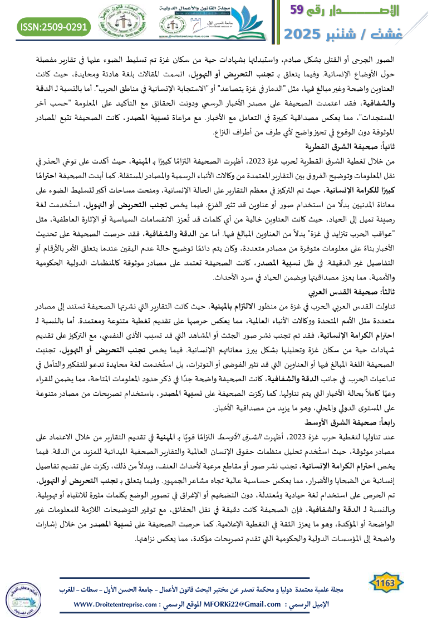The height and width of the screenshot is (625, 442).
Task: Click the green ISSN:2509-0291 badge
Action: click(x=54, y=26)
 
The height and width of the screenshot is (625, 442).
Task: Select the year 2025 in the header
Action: click(x=306, y=33)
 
